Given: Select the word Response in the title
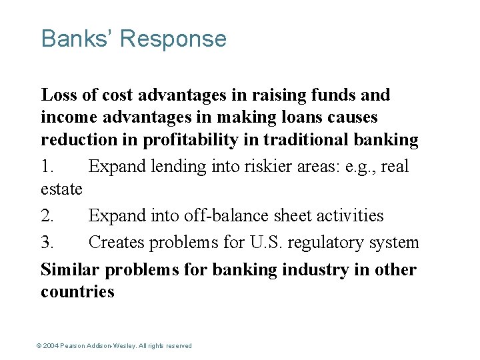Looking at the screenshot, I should (173, 40).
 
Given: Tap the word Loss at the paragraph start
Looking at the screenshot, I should (57, 95).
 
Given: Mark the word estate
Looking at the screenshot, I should (61, 189).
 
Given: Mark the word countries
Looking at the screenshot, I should (77, 292).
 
